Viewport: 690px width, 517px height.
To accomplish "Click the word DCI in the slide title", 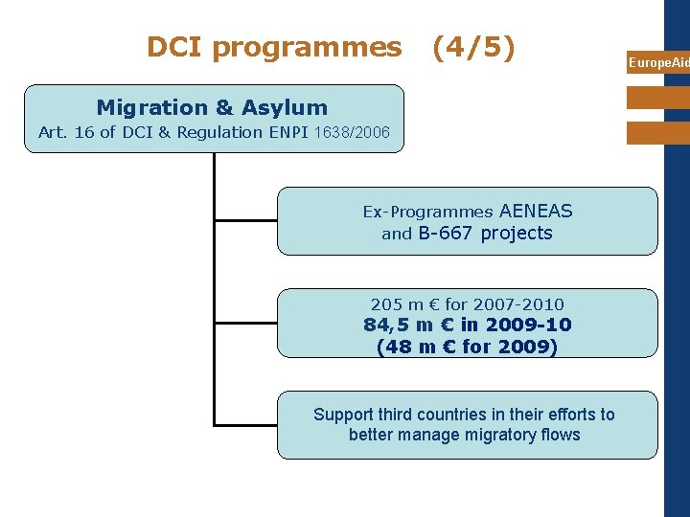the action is coord(175,47).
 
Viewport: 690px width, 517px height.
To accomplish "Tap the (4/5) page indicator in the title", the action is coord(473,47).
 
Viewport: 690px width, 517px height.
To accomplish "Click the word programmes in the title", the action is coord(307,48).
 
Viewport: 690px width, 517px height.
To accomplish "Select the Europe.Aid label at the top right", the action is coord(658,63).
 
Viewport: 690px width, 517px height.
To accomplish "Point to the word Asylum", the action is coord(286,108).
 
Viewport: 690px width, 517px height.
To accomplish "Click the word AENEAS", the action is coord(536,211).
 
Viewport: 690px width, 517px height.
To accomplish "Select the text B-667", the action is coord(446,234).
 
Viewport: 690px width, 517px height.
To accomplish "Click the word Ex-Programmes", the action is coord(427,212).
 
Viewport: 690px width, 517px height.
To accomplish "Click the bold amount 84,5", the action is coord(387,325).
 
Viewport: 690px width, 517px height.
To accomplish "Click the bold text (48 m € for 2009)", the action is coord(467,347).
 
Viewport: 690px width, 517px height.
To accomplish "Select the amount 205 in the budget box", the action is coord(386,304).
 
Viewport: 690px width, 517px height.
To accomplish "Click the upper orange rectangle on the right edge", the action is coord(658,98).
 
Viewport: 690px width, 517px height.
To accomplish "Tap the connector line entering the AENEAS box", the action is coord(245,220).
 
